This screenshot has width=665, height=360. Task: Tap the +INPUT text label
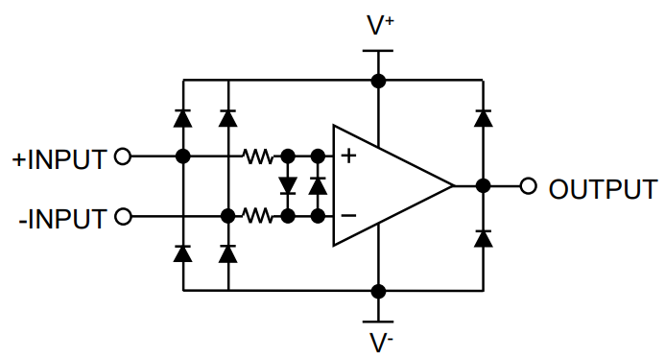pos(59,158)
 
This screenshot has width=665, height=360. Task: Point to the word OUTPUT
pos(603,188)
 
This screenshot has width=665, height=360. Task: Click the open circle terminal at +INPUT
pos(122,156)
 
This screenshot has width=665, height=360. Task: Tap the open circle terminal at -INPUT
pos(122,217)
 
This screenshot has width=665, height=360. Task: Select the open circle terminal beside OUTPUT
pos(527,186)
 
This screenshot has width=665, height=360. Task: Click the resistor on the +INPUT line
pos(258,156)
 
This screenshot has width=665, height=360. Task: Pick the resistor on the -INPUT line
pos(258,217)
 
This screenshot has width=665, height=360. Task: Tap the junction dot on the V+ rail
pos(380,81)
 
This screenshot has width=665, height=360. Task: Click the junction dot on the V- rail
pos(380,290)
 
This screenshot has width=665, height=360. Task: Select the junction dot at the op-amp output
pos(483,186)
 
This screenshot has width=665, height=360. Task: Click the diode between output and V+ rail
pos(483,119)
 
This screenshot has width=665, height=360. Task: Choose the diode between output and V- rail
pos(483,237)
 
